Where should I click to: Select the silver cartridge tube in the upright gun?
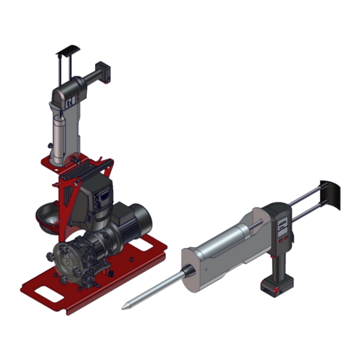[59, 138]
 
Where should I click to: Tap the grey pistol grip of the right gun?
[278, 257]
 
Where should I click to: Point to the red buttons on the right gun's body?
[283, 240]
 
